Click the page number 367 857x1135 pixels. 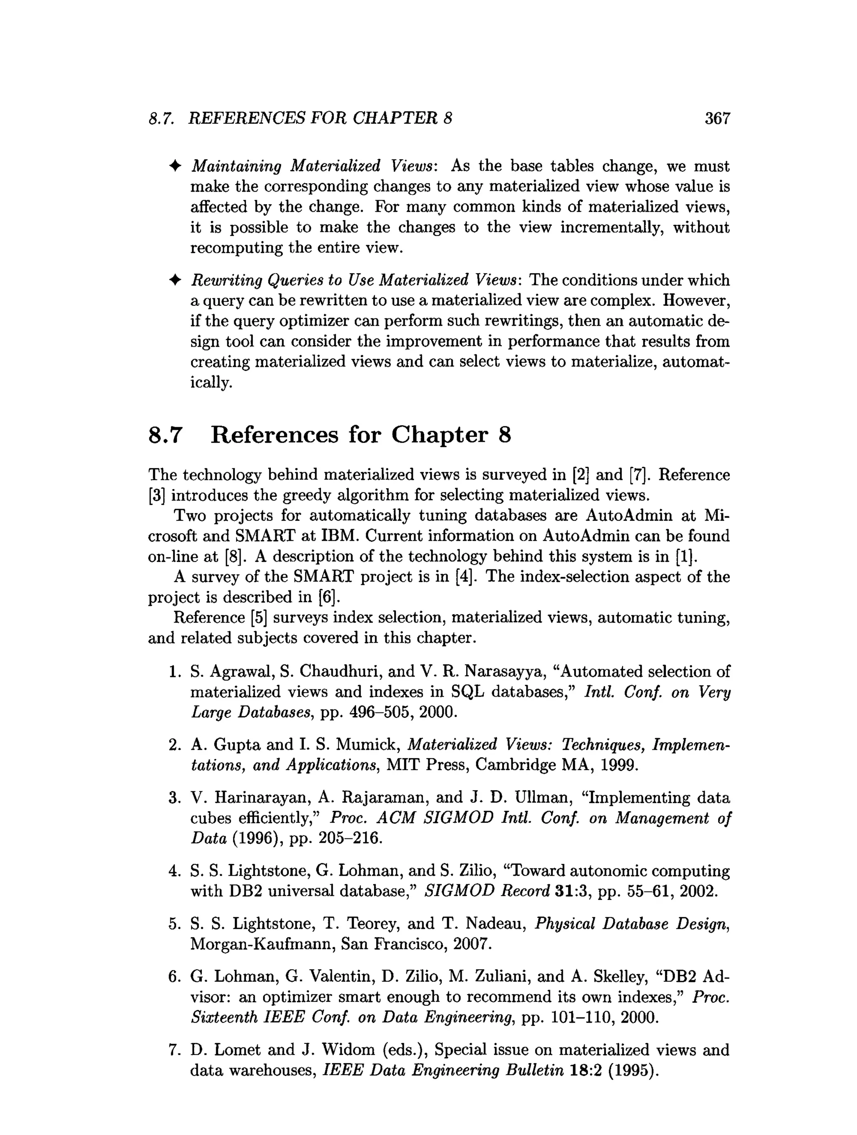(x=717, y=118)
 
